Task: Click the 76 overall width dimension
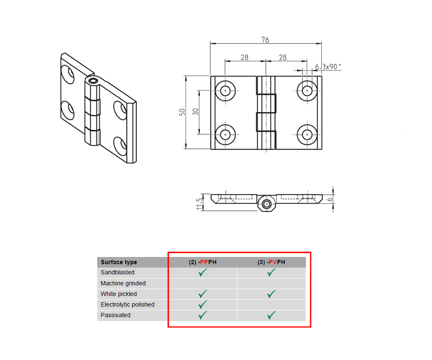(x=265, y=40)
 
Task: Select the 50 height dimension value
(x=182, y=112)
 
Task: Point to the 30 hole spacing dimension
(x=196, y=112)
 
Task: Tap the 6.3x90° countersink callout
(x=328, y=67)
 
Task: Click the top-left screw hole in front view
(x=225, y=91)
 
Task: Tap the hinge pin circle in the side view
(x=266, y=204)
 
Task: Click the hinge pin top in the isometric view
(x=93, y=80)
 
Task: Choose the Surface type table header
(x=119, y=262)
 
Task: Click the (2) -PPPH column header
(x=203, y=262)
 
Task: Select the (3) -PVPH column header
(x=271, y=262)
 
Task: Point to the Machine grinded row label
(x=123, y=283)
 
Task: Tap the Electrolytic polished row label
(x=127, y=304)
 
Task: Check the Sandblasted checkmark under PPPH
(x=203, y=272)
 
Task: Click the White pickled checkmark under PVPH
(x=271, y=293)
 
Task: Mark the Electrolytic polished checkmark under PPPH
(x=203, y=304)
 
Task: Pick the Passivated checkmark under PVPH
(x=271, y=315)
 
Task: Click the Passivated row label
(x=115, y=315)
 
